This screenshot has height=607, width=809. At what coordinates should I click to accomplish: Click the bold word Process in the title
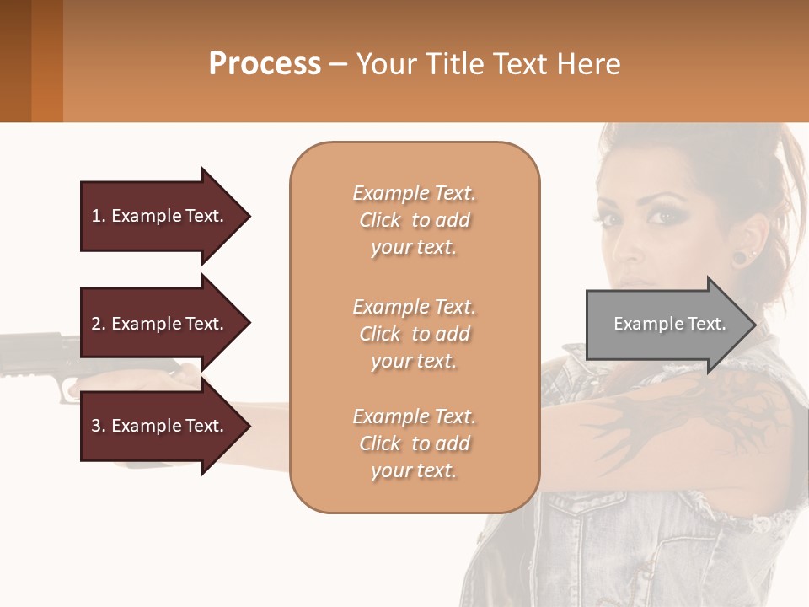[265, 64]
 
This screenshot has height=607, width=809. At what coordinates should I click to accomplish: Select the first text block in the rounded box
[414, 220]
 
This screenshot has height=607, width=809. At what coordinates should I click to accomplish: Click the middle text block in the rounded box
[414, 334]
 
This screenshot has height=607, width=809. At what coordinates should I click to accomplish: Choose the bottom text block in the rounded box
[414, 443]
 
